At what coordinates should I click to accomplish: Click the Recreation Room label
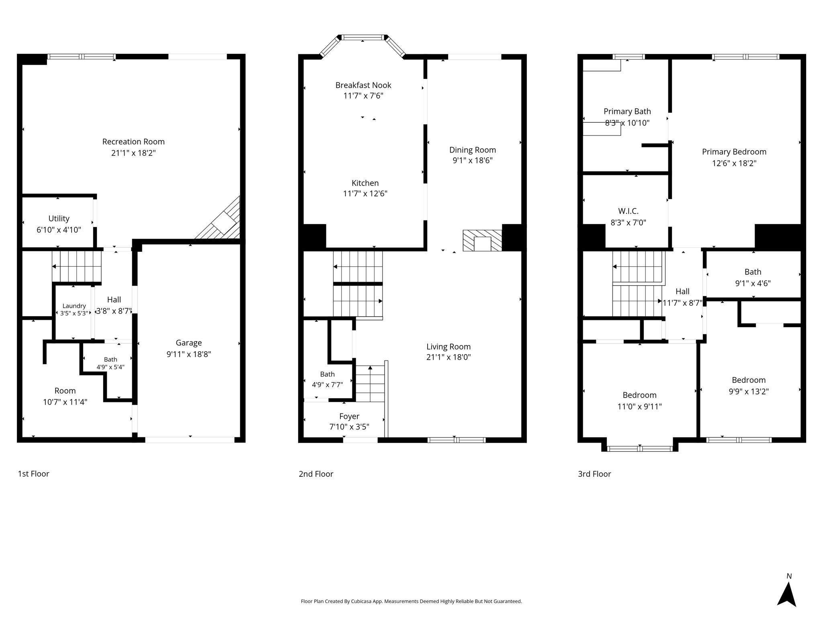(x=133, y=142)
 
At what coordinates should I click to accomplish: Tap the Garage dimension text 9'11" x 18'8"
(x=189, y=354)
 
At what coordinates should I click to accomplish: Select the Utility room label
(x=59, y=218)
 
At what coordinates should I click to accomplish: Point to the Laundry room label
(x=74, y=306)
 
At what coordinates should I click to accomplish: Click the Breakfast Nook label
(x=363, y=85)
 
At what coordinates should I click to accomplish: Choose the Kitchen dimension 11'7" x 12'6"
(x=365, y=194)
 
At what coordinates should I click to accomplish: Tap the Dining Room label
(x=473, y=150)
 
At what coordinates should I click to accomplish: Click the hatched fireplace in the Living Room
(x=482, y=241)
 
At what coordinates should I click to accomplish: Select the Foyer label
(x=349, y=416)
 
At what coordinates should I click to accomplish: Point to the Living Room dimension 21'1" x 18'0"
(x=448, y=357)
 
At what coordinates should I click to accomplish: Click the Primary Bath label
(x=627, y=111)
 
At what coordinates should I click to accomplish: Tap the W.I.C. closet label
(x=628, y=211)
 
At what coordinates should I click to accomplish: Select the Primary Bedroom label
(x=734, y=152)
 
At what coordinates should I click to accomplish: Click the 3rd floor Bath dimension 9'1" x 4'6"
(x=753, y=283)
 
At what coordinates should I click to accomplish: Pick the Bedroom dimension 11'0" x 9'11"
(x=639, y=406)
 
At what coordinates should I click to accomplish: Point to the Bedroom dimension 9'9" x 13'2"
(x=749, y=391)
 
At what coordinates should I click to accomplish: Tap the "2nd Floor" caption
(x=316, y=474)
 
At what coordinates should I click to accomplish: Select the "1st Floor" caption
(x=33, y=474)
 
